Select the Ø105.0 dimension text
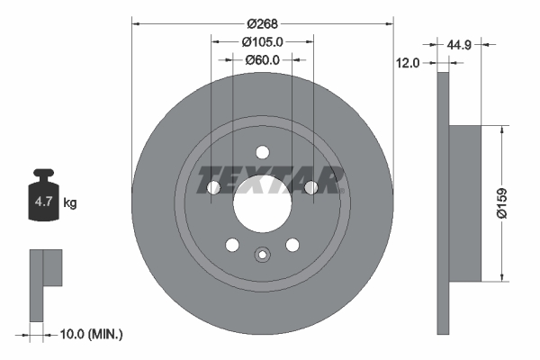(263, 41)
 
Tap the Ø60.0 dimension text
(263, 60)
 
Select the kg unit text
(70, 203)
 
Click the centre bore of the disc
(262, 202)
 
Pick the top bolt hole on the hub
(262, 152)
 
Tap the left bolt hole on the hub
(214, 187)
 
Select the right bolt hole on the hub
(310, 187)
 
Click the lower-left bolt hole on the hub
(232, 244)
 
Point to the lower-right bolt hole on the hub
(292, 244)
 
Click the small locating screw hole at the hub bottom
(262, 254)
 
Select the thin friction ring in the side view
(442, 202)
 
